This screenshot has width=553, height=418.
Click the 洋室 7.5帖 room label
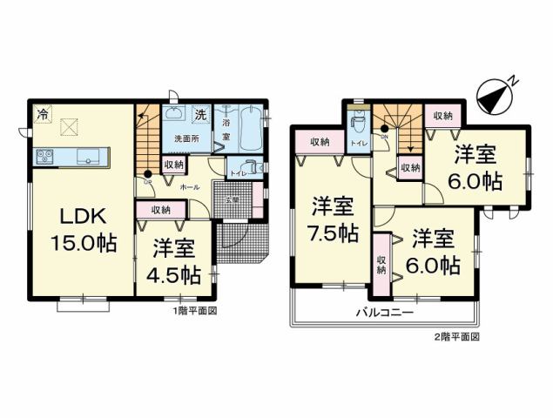click(x=334, y=220)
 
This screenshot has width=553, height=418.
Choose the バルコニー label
click(x=382, y=311)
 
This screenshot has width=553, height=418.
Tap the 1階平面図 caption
click(x=194, y=309)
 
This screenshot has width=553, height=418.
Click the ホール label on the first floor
click(x=189, y=186)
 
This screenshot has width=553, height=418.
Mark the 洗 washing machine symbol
click(x=199, y=114)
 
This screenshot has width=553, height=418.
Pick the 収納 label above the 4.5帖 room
click(x=160, y=209)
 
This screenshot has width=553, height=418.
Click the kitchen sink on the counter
click(x=88, y=157)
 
